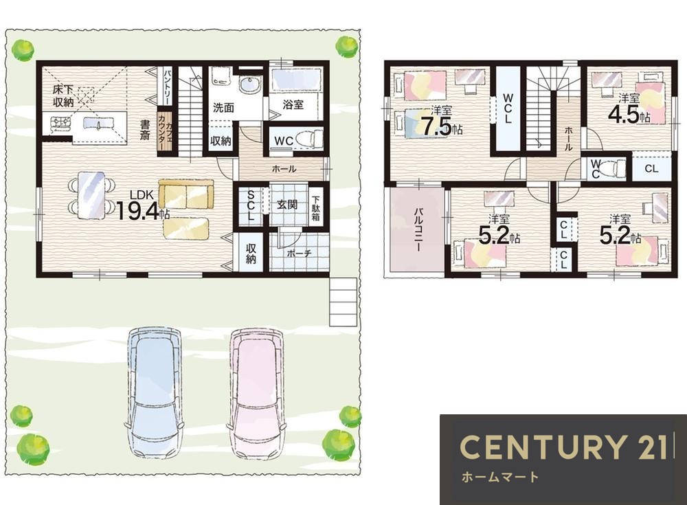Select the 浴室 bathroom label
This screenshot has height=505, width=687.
click(x=293, y=104)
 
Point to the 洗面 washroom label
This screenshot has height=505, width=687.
click(x=223, y=108)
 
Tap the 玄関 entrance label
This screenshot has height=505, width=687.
click(x=287, y=204)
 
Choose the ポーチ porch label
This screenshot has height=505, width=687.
click(x=300, y=254)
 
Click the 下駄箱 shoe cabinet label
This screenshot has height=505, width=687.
click(x=316, y=207)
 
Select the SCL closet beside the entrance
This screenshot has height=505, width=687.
click(x=251, y=205)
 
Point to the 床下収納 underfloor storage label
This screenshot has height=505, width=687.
click(x=63, y=96)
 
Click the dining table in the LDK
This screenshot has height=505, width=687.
click(x=91, y=195)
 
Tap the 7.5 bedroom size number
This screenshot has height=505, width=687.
click(x=436, y=126)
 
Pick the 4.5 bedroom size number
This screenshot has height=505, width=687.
click(x=623, y=115)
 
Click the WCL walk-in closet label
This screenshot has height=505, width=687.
click(x=508, y=108)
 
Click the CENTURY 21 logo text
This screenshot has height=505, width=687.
click(x=563, y=447)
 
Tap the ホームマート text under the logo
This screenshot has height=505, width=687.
click(x=500, y=477)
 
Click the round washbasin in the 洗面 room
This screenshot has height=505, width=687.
click(x=251, y=85)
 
